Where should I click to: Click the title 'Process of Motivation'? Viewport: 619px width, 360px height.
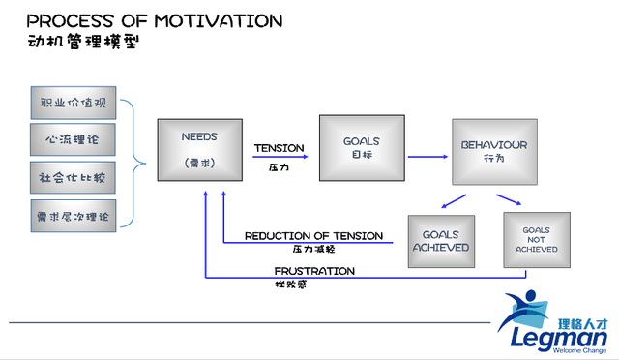point(154,19)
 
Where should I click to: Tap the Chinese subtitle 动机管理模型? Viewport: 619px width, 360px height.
point(82,43)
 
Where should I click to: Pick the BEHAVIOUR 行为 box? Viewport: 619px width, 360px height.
point(493,150)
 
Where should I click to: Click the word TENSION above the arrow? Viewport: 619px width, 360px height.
point(279,148)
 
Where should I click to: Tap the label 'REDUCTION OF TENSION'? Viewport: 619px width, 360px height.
point(313,235)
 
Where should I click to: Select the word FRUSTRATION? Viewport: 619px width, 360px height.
point(313,271)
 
